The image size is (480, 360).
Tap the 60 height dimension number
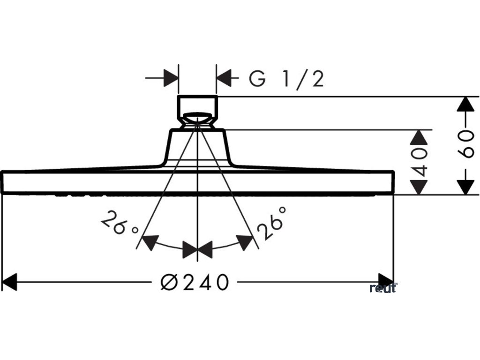click(x=465, y=145)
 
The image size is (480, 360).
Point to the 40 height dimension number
click(x=420, y=162)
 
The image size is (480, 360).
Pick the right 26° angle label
click(x=271, y=224)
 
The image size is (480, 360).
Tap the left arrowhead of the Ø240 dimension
click(x=9, y=282)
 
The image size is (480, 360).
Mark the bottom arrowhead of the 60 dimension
click(x=465, y=187)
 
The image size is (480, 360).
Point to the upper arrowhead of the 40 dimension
click(x=419, y=137)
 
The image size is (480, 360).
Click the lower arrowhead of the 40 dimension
click(x=419, y=187)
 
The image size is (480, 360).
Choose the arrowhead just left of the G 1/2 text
click(x=225, y=77)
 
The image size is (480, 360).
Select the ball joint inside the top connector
click(x=197, y=117)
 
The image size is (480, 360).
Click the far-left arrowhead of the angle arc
click(x=150, y=243)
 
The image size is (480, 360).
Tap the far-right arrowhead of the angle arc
click(x=245, y=243)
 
